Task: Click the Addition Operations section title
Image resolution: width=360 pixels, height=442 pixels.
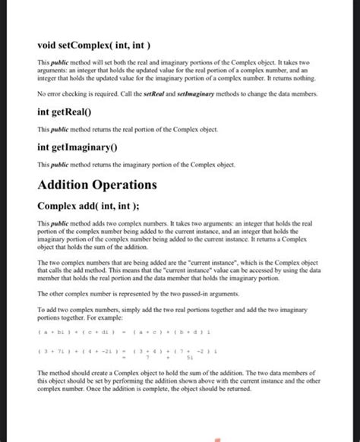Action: [97, 185]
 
